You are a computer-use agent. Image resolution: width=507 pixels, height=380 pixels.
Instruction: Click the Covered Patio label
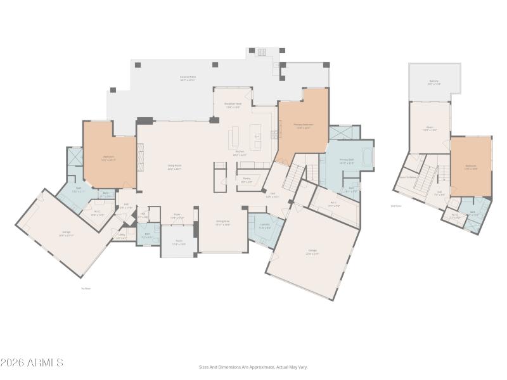(188, 78)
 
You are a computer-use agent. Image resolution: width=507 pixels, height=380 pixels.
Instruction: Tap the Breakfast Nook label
(232, 104)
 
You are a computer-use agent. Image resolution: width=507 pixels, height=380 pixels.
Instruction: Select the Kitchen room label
(240, 152)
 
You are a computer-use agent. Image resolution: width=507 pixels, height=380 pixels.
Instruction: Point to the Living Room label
(174, 167)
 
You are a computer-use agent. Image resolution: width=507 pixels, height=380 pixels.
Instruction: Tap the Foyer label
(177, 215)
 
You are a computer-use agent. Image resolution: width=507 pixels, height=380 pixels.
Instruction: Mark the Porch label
(179, 243)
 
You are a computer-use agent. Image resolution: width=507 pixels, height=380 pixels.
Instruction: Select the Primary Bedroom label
(303, 126)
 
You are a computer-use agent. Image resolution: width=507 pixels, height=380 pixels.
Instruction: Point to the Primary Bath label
(346, 161)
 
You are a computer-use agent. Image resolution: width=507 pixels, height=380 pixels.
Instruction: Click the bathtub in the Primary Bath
(368, 155)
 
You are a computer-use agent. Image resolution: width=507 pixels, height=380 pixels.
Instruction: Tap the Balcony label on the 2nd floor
(433, 82)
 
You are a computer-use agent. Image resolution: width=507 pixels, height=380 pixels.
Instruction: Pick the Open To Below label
(408, 177)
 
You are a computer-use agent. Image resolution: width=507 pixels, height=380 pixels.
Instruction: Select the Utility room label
(121, 237)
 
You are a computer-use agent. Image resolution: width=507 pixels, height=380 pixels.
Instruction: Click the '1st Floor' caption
(87, 288)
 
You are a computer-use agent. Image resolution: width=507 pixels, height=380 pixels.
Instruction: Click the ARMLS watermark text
(32, 363)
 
